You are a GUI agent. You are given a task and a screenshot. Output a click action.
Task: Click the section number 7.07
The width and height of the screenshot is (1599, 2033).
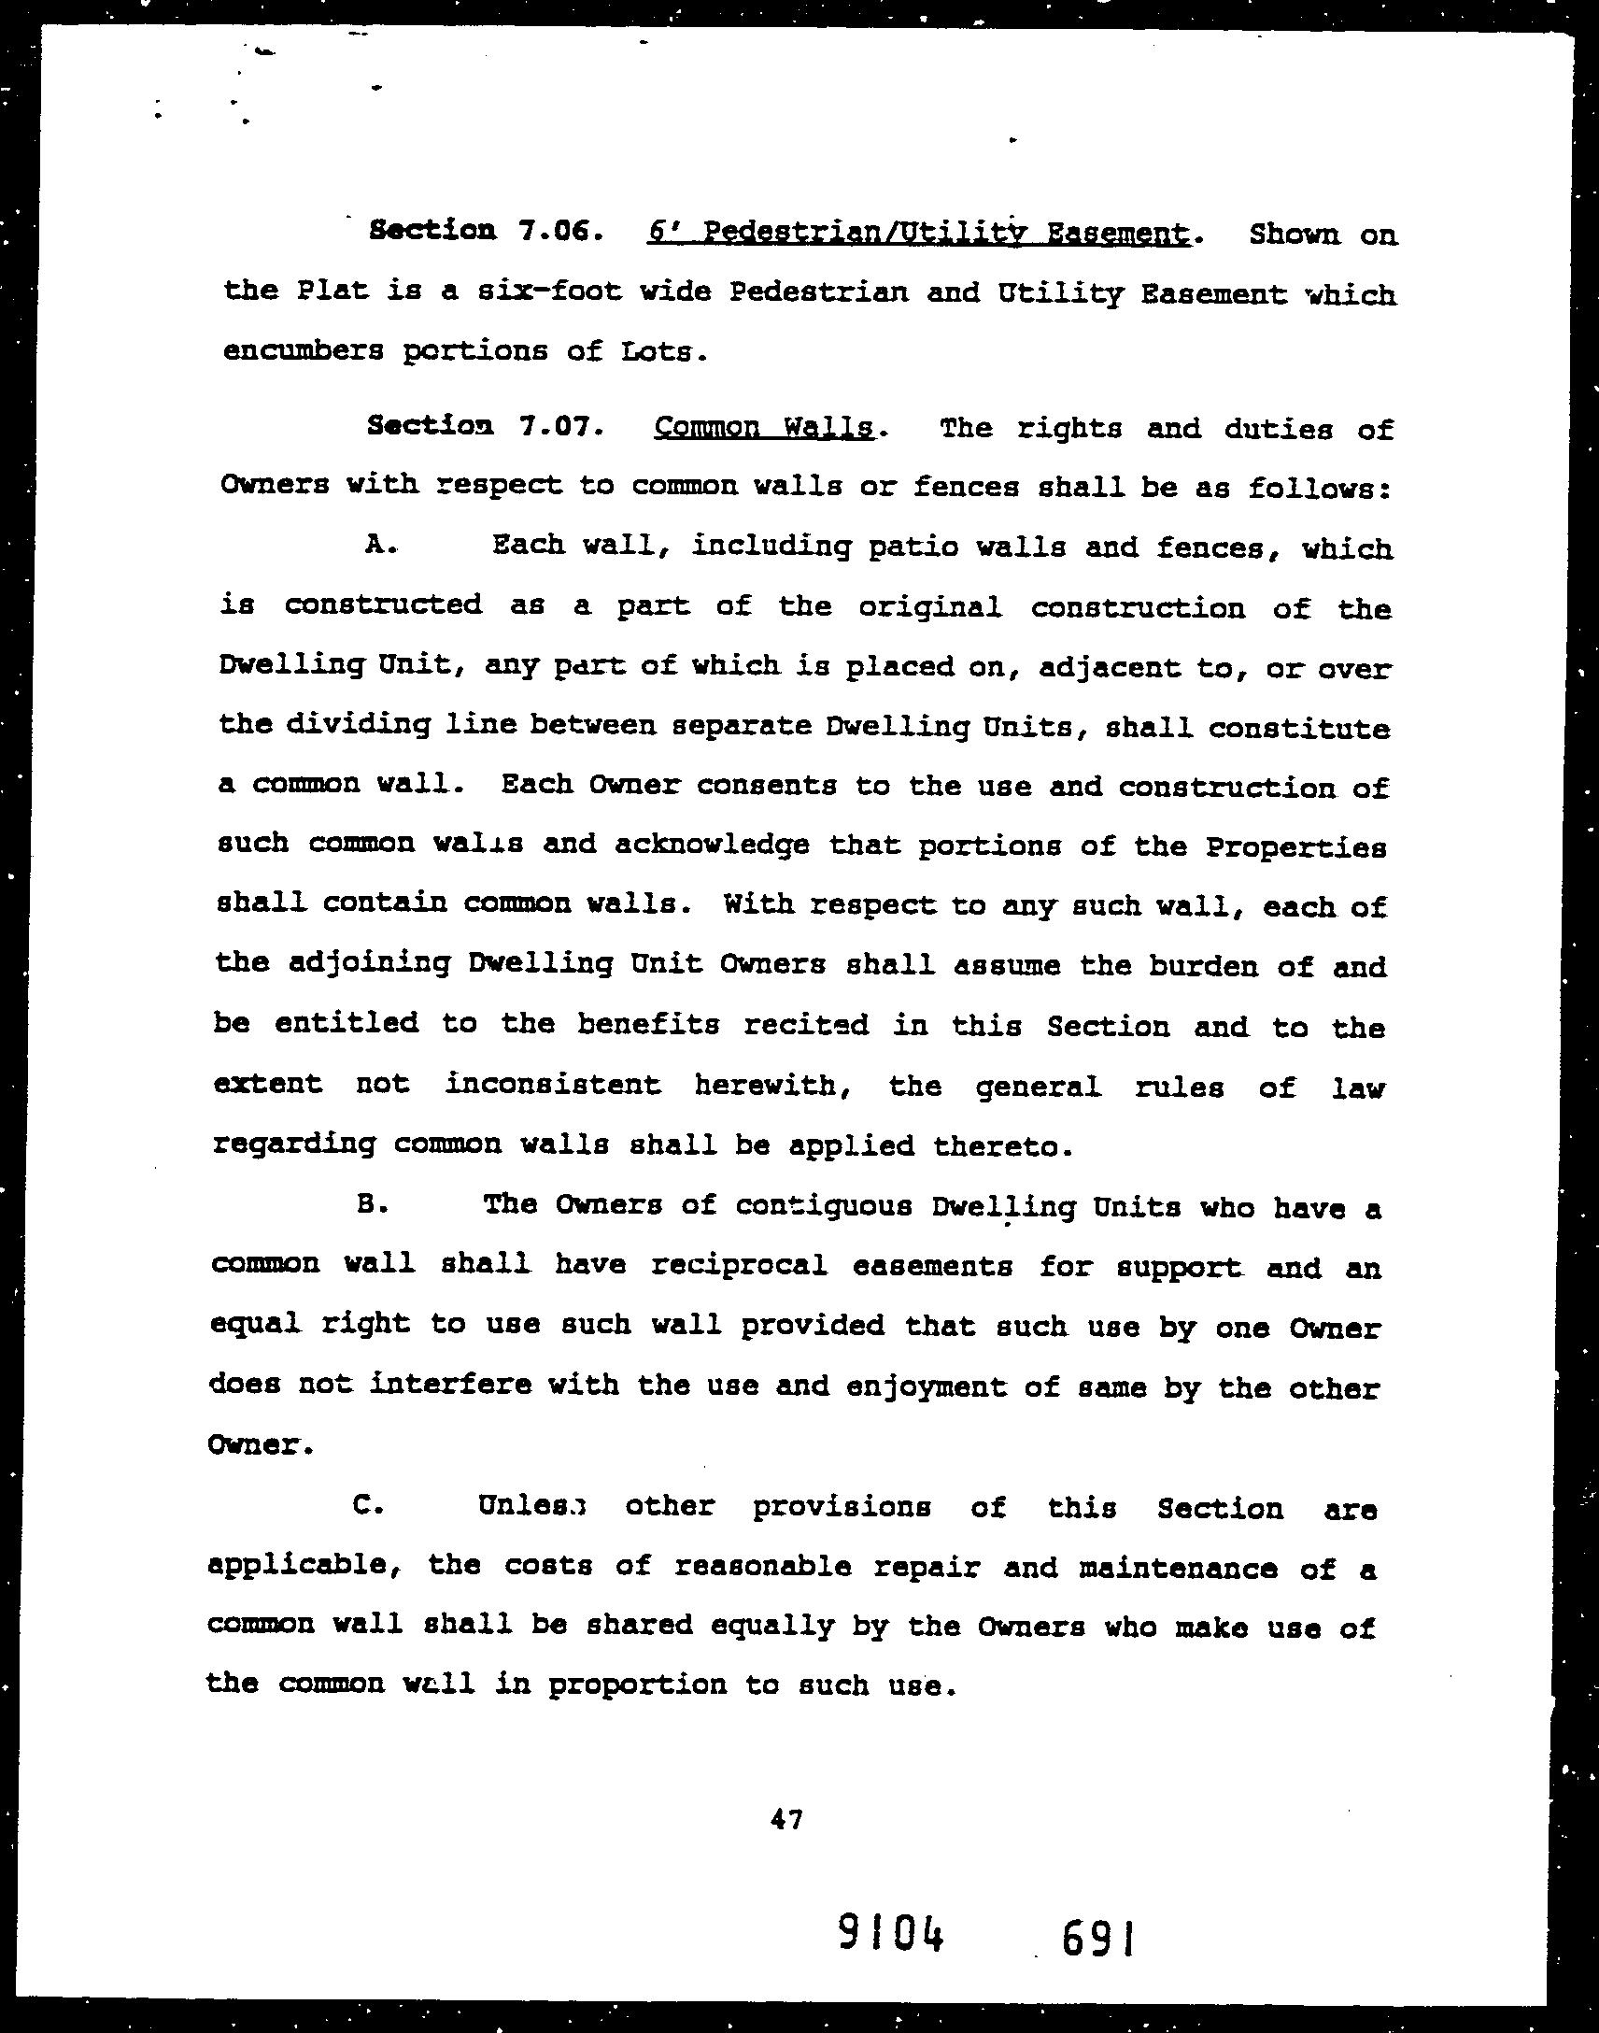click(x=556, y=428)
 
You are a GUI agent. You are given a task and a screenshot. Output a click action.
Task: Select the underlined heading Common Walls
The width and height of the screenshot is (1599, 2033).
click(x=763, y=428)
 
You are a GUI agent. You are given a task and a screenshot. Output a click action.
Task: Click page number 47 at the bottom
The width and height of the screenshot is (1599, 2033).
click(x=785, y=1819)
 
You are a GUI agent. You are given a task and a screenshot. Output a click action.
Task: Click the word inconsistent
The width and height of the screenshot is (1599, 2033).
click(x=552, y=1085)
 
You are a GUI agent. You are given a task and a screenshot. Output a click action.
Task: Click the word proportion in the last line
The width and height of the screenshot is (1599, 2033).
click(x=637, y=1685)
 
